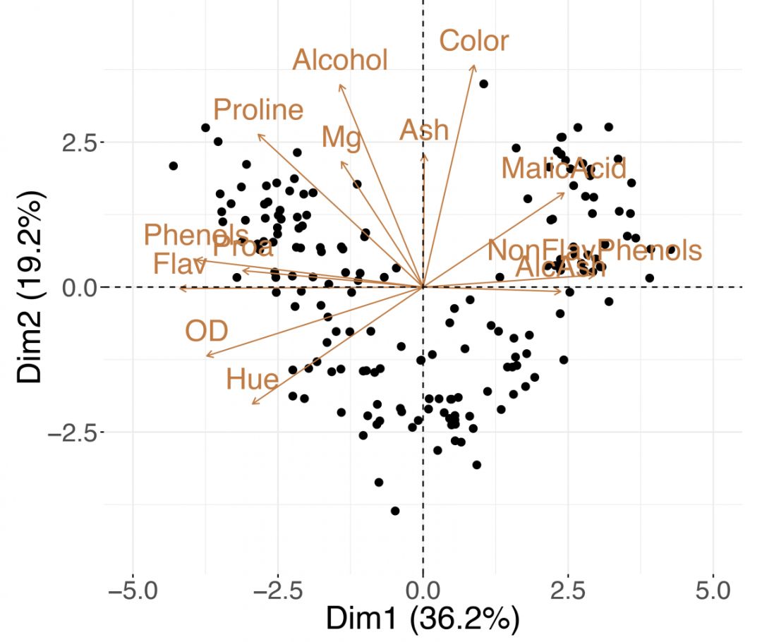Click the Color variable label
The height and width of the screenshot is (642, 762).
[x=473, y=41]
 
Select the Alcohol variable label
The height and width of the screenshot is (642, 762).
[x=340, y=61]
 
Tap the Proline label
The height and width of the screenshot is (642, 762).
[x=258, y=110]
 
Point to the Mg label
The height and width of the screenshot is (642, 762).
[x=341, y=137]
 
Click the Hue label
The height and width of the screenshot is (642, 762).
[x=253, y=380]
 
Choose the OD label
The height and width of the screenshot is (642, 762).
[x=207, y=331]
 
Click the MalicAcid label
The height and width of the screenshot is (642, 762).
[x=564, y=169]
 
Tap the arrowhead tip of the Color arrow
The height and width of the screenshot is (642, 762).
[x=474, y=65]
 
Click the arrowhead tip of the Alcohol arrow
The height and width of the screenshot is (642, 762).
[x=340, y=85]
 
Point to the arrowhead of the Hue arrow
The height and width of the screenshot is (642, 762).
[x=252, y=404]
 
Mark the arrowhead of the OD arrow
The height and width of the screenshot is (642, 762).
[x=206, y=356]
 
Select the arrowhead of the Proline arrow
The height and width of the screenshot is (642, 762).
[x=258, y=134]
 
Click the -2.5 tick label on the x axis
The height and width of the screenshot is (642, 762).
[x=277, y=588]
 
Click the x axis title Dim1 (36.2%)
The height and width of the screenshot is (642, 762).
[x=423, y=619]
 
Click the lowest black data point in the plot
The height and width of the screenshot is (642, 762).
[x=395, y=511]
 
